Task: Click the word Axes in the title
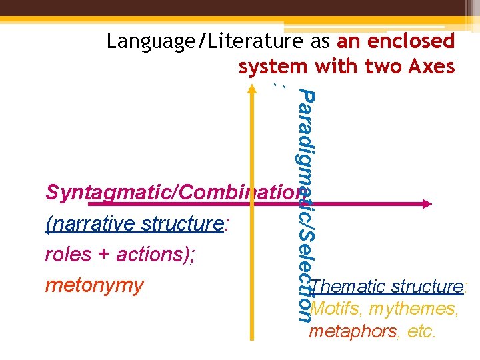431,67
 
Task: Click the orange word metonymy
94,285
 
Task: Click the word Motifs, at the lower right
335,309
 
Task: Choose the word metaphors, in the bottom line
352,331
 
